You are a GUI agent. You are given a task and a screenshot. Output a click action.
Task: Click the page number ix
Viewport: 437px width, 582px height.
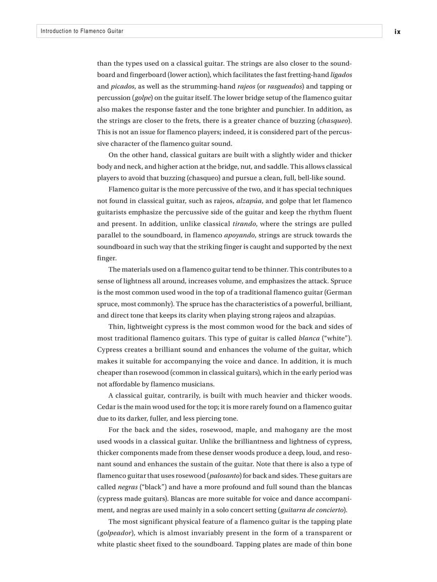(397, 31)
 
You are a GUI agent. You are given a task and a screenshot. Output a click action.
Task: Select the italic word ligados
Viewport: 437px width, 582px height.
(341, 75)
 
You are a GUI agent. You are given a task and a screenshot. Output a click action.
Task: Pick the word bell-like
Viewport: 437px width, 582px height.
(302, 178)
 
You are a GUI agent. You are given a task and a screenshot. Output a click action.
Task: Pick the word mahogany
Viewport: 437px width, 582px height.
(295, 430)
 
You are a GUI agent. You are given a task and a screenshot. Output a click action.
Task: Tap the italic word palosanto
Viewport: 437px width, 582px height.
(223, 476)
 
